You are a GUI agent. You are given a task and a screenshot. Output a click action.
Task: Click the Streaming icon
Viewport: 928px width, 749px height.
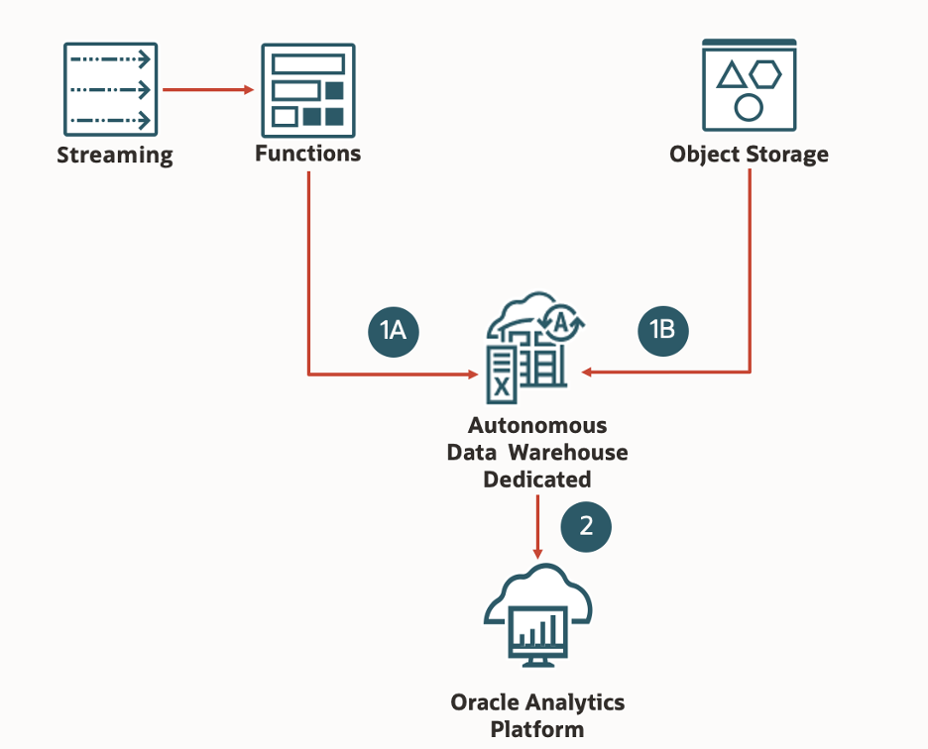coord(111,89)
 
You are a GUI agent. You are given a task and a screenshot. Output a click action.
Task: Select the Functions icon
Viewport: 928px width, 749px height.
coord(307,89)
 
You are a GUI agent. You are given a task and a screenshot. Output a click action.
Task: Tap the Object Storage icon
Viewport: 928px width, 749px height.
coord(749,85)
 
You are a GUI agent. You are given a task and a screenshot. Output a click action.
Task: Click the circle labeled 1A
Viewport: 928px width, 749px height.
coord(394,330)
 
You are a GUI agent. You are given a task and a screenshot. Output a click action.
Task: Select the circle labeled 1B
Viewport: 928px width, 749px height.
coord(662,329)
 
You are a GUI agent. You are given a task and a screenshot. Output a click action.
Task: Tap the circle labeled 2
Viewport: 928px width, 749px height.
coord(586,526)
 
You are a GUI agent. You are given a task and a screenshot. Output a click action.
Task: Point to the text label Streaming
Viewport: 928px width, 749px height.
coord(114,156)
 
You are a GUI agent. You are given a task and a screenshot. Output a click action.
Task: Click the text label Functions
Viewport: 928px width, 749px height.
coord(307,154)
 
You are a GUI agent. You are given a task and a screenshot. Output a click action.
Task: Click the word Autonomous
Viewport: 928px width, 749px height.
coord(537,425)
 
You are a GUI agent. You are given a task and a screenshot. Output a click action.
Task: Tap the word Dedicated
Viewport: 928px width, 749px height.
coord(537,480)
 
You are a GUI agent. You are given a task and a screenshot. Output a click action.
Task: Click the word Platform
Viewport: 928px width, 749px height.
coord(537,730)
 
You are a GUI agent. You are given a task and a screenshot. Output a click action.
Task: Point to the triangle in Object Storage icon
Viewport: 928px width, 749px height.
coord(732,75)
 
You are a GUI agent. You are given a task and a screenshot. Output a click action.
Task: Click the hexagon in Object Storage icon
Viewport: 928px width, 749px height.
coord(765,73)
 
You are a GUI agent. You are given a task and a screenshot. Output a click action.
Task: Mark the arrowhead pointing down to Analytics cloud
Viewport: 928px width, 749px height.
coord(537,552)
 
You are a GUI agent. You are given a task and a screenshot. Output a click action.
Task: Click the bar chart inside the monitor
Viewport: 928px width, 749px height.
coord(537,629)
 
